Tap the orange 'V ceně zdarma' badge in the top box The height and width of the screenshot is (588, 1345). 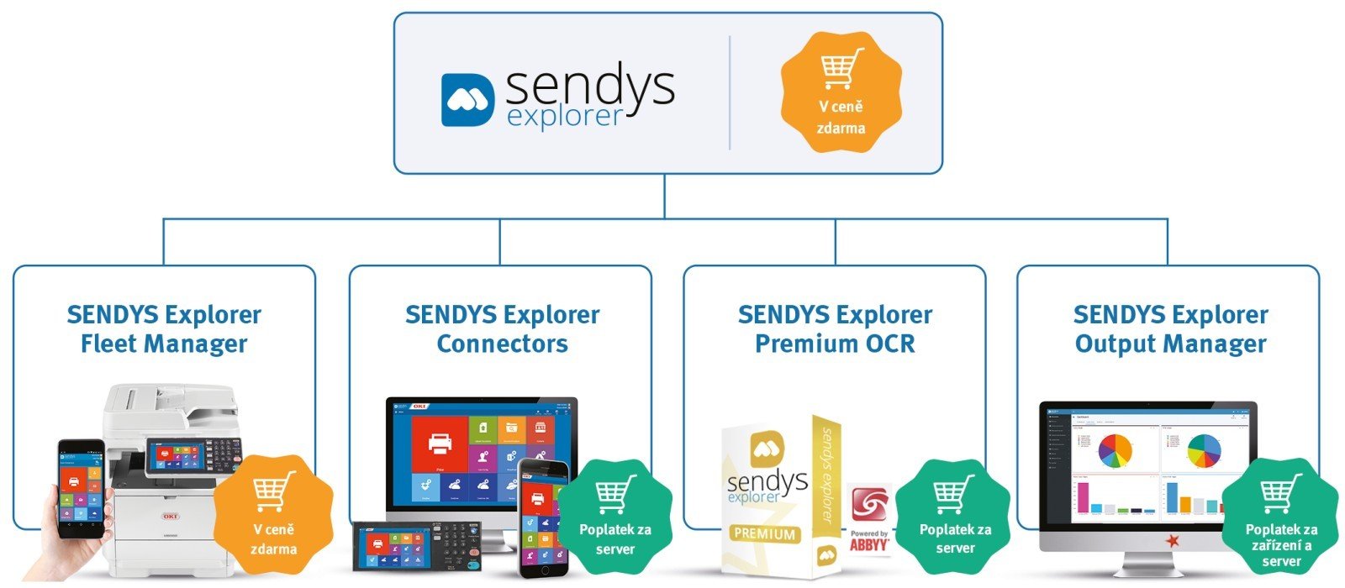841,93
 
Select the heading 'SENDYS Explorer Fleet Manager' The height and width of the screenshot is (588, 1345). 164,329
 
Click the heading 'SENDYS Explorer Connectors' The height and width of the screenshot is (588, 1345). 502,329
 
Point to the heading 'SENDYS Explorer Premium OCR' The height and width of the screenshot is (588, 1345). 835,329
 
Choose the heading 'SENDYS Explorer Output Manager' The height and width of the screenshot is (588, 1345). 1170,329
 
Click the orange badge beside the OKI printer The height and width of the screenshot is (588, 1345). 273,515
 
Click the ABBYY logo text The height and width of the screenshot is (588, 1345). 869,544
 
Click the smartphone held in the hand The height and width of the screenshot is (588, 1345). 81,487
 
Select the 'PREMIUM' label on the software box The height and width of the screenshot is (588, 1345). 764,533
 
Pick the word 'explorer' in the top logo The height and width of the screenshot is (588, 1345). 565,116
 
